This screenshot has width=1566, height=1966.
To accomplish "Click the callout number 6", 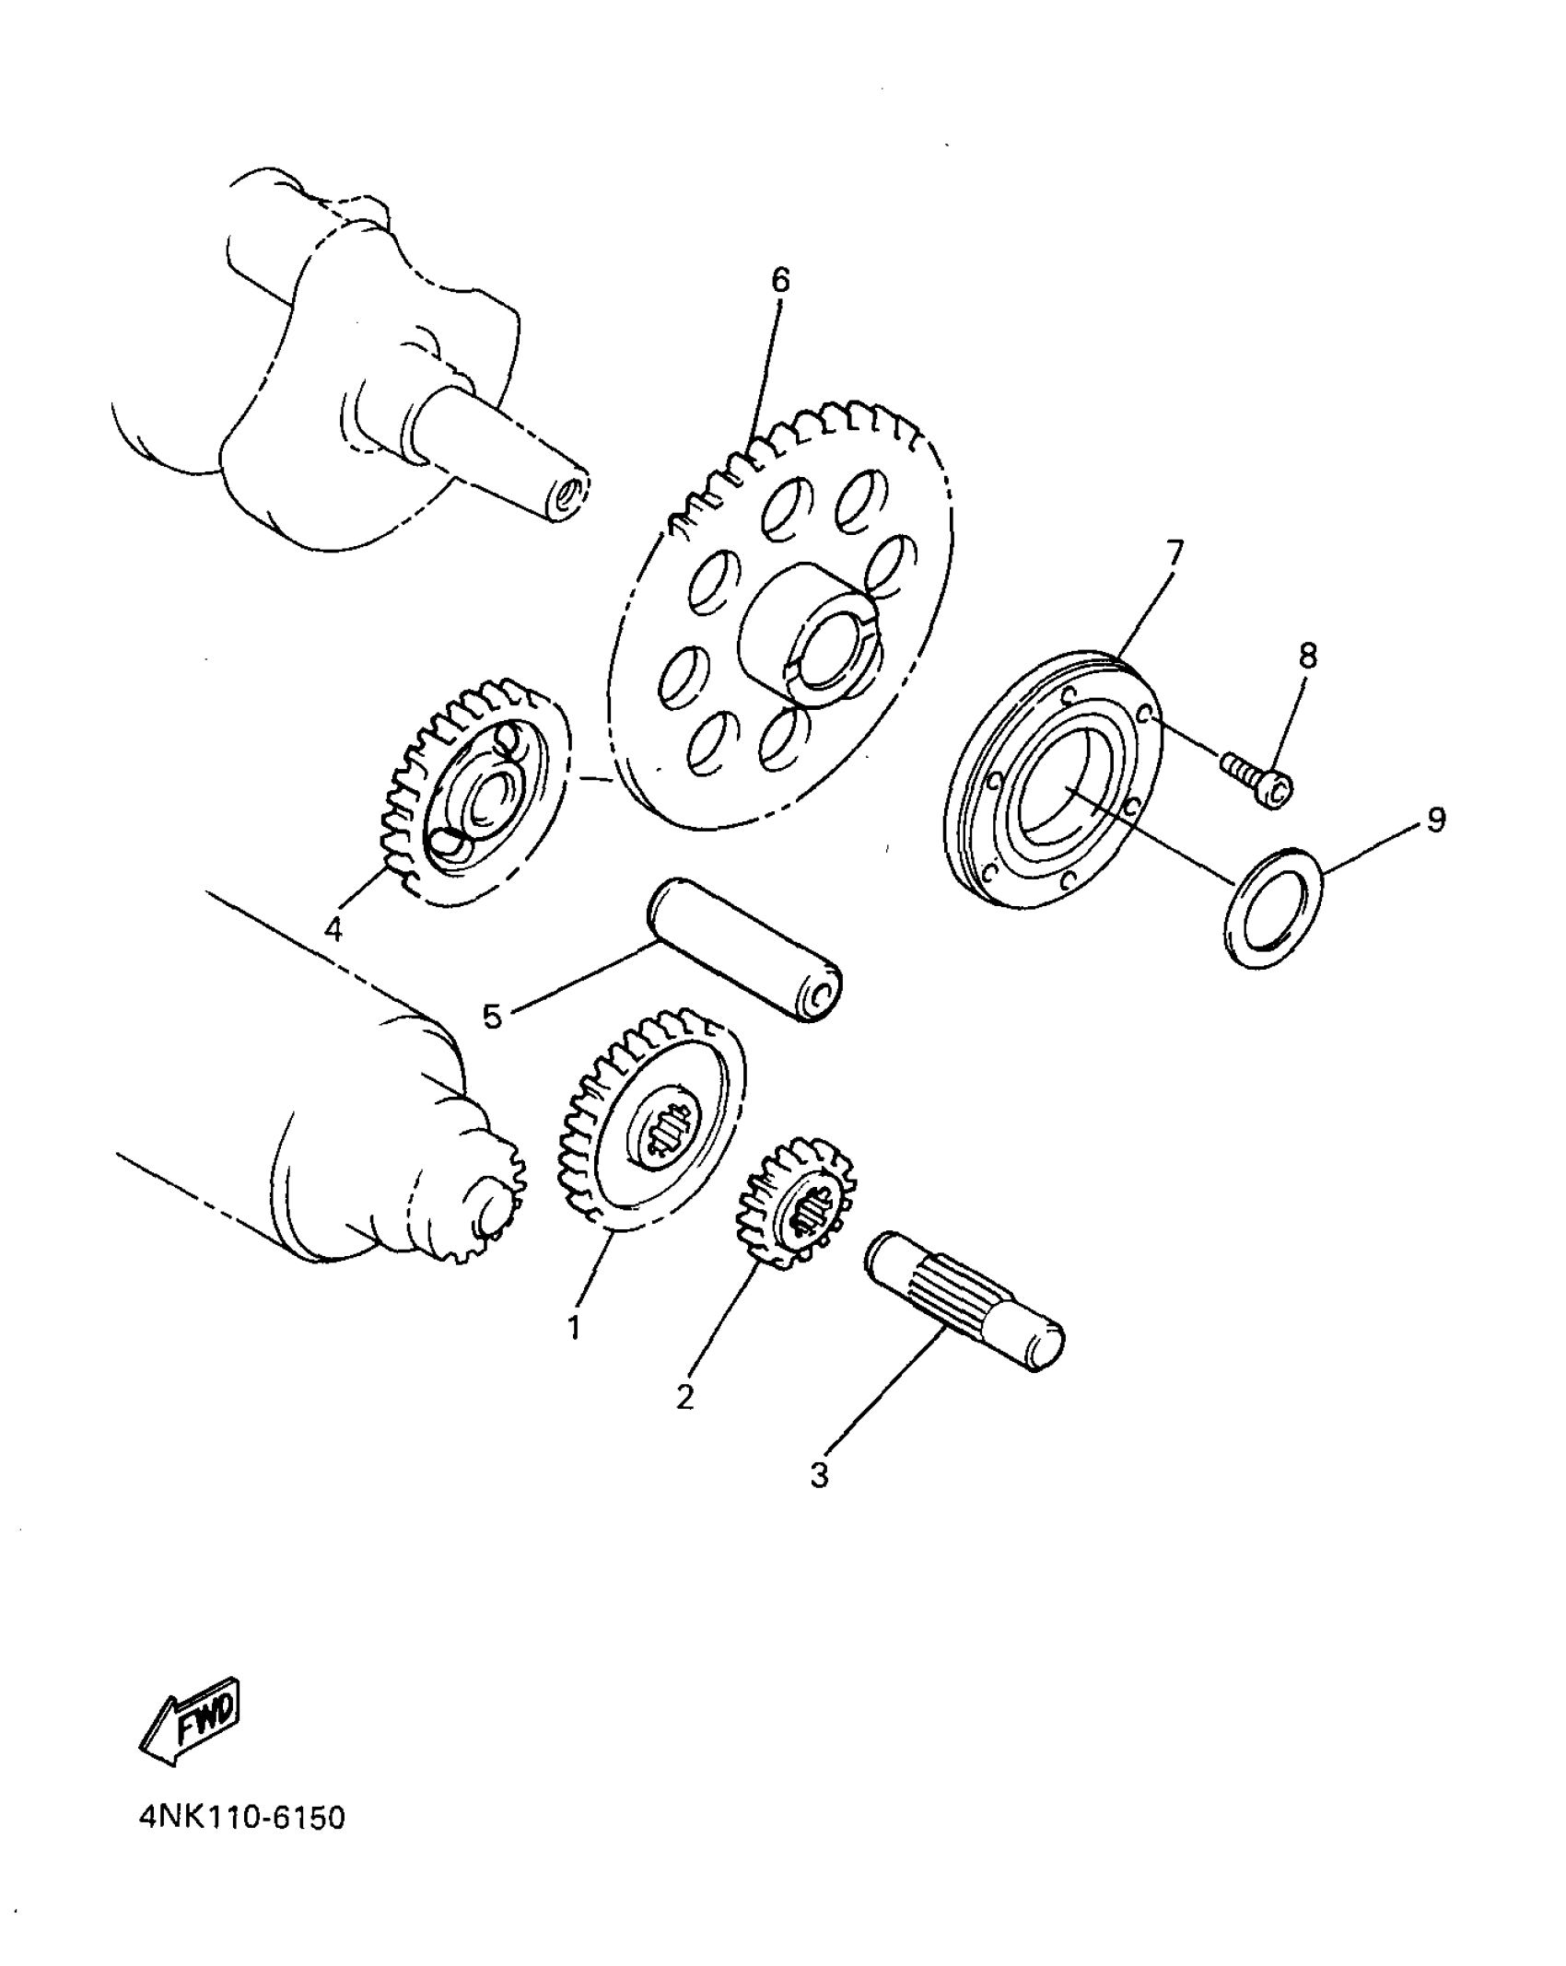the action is click(x=780, y=280).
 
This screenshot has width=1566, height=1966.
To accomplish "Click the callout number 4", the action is click(x=333, y=930).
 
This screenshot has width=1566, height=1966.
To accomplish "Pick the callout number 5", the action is click(x=493, y=1017).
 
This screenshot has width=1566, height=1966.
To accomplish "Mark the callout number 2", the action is click(x=684, y=1396).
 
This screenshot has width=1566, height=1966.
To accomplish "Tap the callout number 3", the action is click(x=819, y=1474).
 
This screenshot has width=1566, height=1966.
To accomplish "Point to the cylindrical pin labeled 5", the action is click(x=746, y=951).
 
